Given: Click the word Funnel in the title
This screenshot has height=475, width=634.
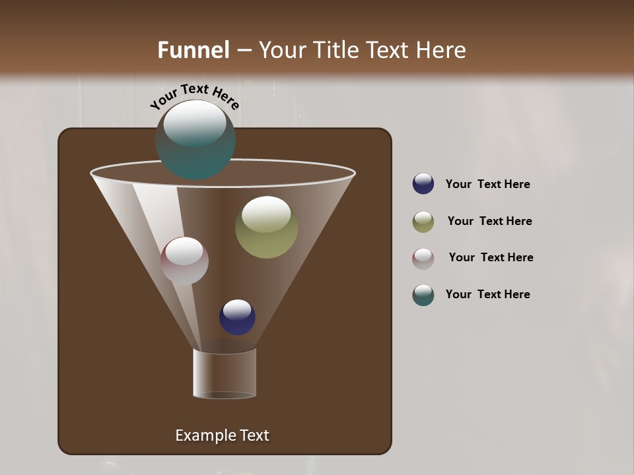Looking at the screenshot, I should click(x=193, y=50).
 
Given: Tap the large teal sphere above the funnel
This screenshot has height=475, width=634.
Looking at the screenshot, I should click(x=195, y=140).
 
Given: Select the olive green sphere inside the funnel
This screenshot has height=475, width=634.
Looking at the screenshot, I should click(x=266, y=228).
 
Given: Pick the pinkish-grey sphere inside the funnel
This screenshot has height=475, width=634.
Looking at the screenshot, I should click(x=184, y=261).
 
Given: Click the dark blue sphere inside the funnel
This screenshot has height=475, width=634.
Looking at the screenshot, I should click(x=237, y=317).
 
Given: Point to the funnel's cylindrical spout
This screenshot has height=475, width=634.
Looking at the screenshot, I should click(x=225, y=373).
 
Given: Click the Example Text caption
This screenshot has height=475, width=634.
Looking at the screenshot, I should click(x=223, y=435).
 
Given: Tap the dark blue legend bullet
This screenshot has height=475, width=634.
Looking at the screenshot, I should click(x=423, y=184).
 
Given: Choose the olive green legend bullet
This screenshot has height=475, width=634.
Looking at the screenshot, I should click(x=423, y=222).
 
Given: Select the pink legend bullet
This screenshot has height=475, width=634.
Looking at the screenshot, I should click(x=423, y=259).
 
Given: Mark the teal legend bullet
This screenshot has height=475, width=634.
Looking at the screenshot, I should click(x=423, y=295).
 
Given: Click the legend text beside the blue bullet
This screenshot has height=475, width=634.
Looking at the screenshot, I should click(x=487, y=185).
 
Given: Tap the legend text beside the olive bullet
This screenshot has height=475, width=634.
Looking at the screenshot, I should click(x=489, y=222).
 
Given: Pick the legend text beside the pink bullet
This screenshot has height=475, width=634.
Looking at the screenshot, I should click(x=491, y=258).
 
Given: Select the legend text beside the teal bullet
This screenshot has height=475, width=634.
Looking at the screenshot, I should click(x=487, y=295).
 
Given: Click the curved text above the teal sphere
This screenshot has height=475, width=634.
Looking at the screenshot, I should click(x=194, y=94).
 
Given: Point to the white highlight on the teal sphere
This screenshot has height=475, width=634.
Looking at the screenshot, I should click(x=195, y=123).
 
